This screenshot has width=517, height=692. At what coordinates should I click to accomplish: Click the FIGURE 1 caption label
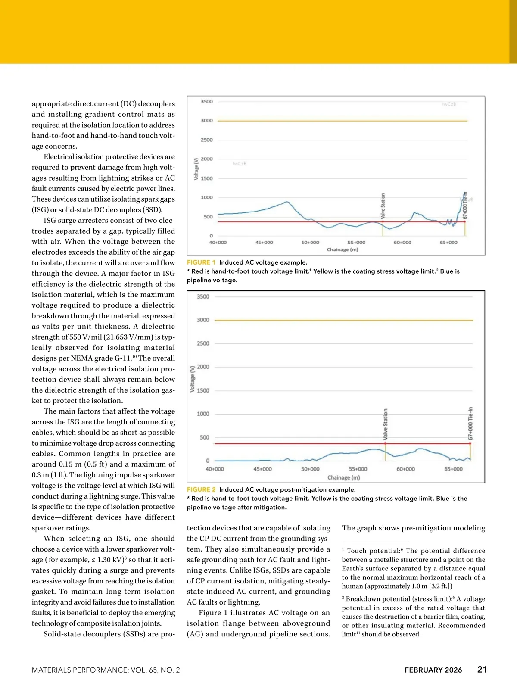click(201, 262)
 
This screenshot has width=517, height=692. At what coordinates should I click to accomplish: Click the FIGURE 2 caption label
click(201, 489)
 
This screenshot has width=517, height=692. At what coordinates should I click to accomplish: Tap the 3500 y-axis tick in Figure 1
click(207, 102)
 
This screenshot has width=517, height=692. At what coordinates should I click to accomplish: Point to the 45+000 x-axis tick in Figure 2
click(262, 469)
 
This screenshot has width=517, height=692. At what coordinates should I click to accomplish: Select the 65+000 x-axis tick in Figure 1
click(448, 243)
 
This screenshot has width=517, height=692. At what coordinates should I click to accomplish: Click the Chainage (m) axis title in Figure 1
click(343, 249)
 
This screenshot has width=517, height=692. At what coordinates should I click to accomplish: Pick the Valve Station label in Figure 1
click(383, 206)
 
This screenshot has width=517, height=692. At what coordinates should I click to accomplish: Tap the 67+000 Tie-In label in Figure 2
click(470, 423)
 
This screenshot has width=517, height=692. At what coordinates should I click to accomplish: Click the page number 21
click(482, 670)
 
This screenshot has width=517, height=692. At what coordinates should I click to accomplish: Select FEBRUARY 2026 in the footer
click(433, 670)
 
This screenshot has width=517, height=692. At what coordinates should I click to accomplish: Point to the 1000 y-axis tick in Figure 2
click(203, 414)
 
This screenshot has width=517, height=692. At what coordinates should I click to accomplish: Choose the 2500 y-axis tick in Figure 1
click(207, 140)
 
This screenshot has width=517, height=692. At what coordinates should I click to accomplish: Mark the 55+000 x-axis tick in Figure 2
click(358, 469)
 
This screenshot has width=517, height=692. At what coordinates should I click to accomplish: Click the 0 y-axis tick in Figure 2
click(207, 461)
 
